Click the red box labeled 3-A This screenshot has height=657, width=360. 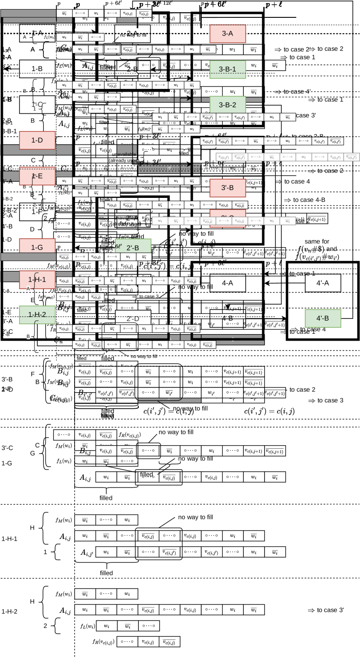tap(228, 33)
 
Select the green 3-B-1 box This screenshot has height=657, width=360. tap(228, 69)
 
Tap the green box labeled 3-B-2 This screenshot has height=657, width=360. tap(228, 105)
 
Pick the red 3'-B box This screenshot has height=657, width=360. tap(228, 188)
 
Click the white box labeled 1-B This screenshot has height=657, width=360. tap(37, 69)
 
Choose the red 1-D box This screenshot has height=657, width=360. tap(37, 140)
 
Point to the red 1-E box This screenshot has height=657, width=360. tap(37, 176)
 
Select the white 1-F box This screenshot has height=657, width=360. tap(37, 212)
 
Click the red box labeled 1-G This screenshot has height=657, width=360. tap(37, 247)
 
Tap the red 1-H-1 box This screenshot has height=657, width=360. tap(37, 279)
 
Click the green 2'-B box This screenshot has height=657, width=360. tap(133, 248)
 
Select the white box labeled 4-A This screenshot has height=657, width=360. tap(228, 283)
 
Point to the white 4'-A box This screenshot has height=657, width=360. tap(323, 283)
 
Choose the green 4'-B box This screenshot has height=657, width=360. tap(323, 318)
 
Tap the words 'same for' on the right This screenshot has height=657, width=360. tap(317, 241)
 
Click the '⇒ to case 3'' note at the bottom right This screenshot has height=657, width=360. tap(325, 610)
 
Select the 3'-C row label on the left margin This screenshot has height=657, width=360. tap(7, 448)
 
